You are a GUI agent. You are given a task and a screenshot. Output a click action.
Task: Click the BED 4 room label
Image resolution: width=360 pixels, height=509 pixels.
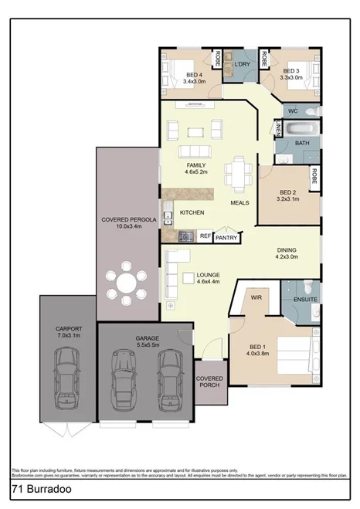(x=194, y=74)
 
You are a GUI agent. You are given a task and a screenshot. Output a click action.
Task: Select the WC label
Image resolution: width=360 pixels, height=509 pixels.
(x=293, y=111)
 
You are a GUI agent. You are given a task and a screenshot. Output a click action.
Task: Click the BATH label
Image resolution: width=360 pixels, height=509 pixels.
(x=301, y=143)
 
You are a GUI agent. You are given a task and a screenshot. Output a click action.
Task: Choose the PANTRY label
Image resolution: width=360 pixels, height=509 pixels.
(x=226, y=238)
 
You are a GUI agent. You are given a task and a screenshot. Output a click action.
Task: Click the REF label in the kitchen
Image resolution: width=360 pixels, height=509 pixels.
(x=205, y=236)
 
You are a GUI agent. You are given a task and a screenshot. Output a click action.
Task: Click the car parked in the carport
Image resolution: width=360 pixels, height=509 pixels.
(x=66, y=379)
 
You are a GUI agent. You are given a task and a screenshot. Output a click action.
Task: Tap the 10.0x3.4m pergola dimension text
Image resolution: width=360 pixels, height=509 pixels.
(x=129, y=228)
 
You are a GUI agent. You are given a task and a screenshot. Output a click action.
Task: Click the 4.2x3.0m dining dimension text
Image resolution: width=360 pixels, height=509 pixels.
(x=287, y=257)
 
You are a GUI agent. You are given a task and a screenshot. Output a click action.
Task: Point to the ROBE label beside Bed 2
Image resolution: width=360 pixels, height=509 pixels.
(x=314, y=176)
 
